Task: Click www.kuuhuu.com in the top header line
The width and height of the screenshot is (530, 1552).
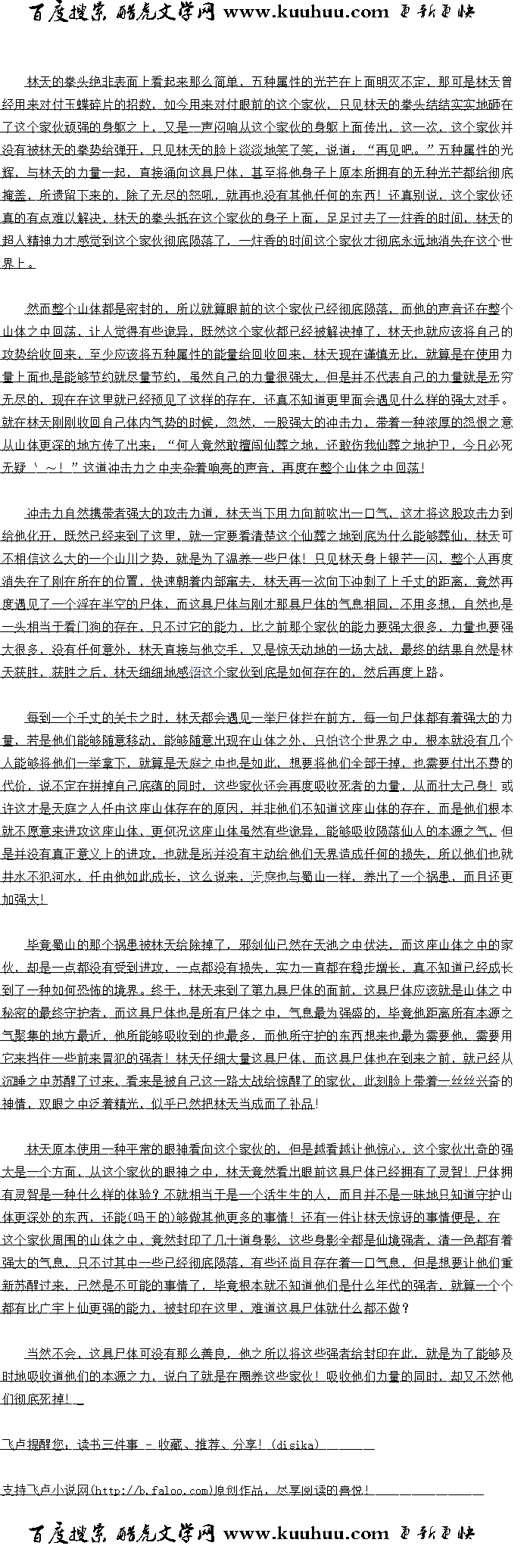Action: tap(306, 11)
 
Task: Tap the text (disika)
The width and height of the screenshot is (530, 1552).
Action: tap(295, 1444)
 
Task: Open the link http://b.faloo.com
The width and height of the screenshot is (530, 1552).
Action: tap(151, 1490)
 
